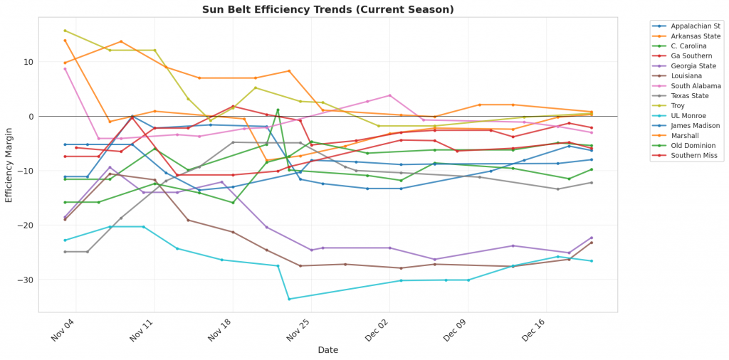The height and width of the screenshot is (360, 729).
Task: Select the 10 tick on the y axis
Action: coord(28,62)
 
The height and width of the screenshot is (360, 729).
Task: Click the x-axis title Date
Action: coord(327,350)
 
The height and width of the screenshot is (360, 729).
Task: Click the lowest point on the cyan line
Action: coord(289,299)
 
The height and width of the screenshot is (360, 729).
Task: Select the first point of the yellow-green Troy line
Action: coord(65,31)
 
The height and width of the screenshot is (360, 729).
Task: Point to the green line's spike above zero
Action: coord(278,110)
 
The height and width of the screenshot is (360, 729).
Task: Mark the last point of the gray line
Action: coord(591,183)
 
